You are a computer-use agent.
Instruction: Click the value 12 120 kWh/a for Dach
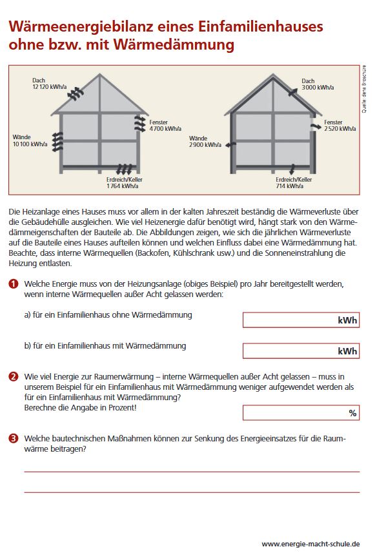pos(50,87)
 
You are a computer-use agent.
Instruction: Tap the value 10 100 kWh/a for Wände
pos(30,144)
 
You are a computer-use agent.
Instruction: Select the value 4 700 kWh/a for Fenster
pos(165,128)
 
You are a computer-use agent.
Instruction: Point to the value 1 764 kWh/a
pos(123,186)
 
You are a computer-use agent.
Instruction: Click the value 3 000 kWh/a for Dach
pos(318,88)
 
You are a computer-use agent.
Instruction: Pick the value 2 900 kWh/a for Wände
pos(205,145)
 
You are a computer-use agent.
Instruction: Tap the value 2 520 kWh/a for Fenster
pos(340,128)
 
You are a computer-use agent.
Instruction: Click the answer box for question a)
pos(301,320)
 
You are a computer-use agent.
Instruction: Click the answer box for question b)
pos(301,351)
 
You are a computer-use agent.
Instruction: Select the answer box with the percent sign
pos(301,413)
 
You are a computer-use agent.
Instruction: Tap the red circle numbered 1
pos(13,284)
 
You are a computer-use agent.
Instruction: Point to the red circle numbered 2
pos(13,376)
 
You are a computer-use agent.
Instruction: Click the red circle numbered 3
pos(13,438)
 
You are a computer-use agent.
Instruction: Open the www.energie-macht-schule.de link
pos(311,544)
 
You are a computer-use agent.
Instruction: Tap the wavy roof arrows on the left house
pos(76,93)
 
